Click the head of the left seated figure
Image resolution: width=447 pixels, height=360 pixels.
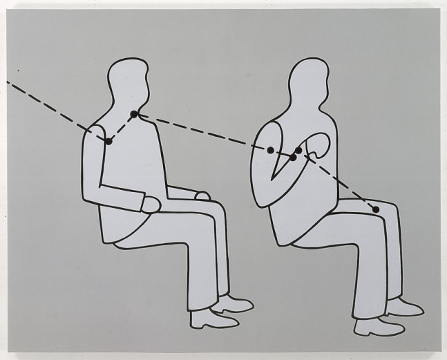pyautogui.click(x=129, y=83)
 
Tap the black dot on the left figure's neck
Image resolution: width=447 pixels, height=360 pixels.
pyautogui.click(x=134, y=114)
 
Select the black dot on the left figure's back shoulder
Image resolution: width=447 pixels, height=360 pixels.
pyautogui.click(x=108, y=141)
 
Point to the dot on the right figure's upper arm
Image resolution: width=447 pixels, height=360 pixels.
pyautogui.click(x=271, y=150)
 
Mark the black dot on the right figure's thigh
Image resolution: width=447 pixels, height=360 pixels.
pyautogui.click(x=376, y=209)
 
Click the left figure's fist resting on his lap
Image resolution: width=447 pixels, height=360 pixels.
pyautogui.click(x=151, y=204)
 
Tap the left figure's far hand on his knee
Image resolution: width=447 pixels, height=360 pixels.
pyautogui.click(x=202, y=196)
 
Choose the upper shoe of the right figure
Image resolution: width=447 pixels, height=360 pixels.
pyautogui.click(x=403, y=307)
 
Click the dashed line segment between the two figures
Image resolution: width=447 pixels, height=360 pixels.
pyautogui.click(x=200, y=131)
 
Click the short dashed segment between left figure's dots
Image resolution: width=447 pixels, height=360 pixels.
pyautogui.click(x=122, y=128)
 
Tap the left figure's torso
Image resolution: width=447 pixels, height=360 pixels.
pyautogui.click(x=131, y=173)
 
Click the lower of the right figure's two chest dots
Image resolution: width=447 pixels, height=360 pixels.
pyautogui.click(x=293, y=158)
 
